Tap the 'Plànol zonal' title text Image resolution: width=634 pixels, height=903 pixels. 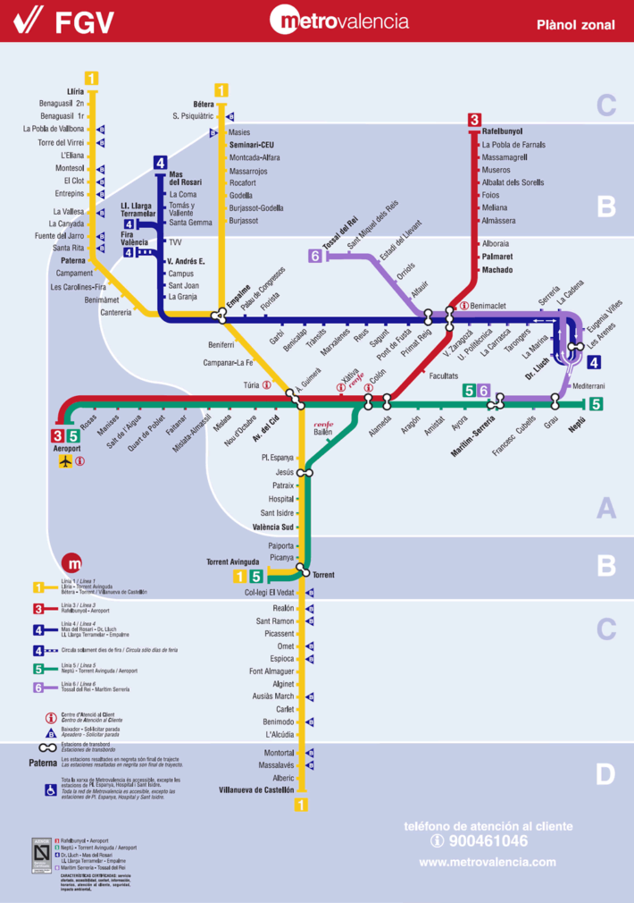tap(576, 25)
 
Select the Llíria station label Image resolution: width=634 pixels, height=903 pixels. tap(75, 90)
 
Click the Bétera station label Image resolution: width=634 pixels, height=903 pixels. tap(204, 104)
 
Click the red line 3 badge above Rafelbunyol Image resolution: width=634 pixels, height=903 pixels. tap(474, 120)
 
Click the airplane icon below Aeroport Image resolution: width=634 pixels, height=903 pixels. tap(64, 461)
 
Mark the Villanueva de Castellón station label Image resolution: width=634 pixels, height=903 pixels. tap(256, 790)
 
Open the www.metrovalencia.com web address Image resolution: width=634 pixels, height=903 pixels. tap(487, 862)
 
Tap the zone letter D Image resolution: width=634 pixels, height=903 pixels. tap(605, 774)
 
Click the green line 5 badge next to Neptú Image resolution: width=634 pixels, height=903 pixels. tap(596, 404)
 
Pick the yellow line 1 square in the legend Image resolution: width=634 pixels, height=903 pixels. tap(38, 587)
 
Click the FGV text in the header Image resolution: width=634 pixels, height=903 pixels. tap(85, 21)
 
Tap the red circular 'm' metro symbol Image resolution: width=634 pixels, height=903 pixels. tap(72, 564)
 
